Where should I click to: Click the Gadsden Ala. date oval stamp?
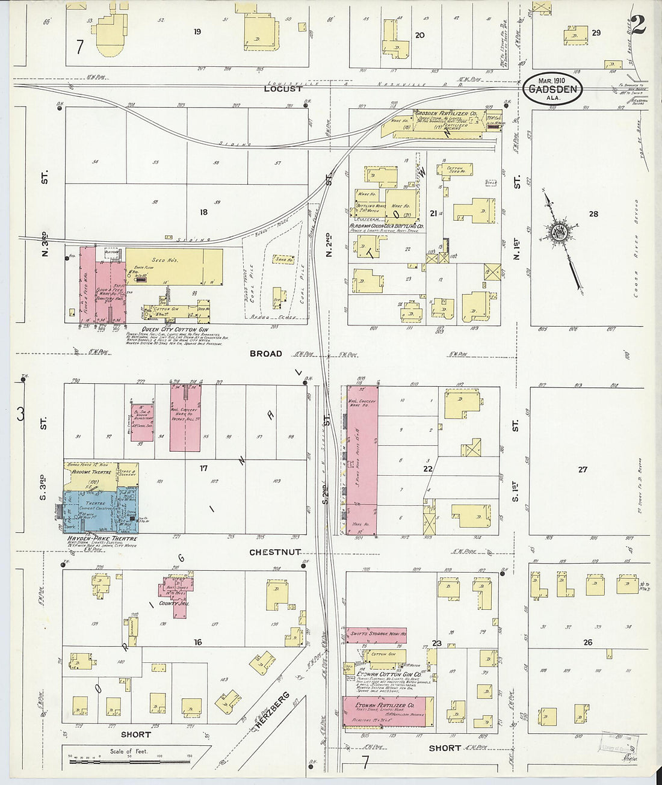[x=552, y=89]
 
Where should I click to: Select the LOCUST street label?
[x=283, y=88]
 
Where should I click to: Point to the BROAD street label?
[x=265, y=354]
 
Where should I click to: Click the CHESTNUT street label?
[x=274, y=552]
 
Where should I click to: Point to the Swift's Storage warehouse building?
[x=376, y=634]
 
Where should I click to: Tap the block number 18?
[x=203, y=212]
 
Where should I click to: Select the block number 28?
[x=593, y=214]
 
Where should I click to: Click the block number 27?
[x=582, y=469]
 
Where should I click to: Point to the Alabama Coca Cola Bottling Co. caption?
[x=387, y=226]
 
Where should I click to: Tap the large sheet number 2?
[x=639, y=25]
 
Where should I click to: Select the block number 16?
[x=197, y=642]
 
